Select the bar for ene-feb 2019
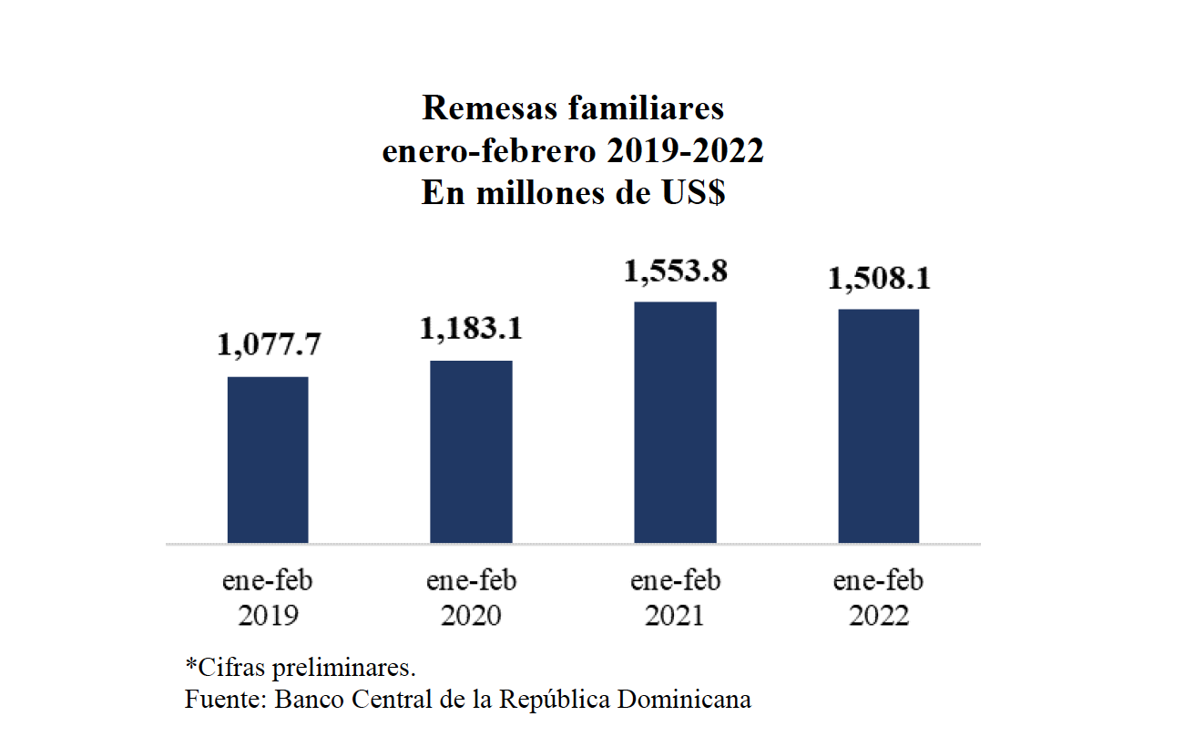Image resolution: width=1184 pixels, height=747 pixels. coord(268,460)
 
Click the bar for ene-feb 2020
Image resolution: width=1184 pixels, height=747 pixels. coord(471,452)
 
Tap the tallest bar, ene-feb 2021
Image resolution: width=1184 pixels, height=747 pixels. coord(675,423)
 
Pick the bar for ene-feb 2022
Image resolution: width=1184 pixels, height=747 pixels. coord(878,426)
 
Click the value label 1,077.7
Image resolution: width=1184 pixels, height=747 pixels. coord(269,345)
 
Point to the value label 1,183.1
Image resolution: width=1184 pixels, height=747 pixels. coord(471,329)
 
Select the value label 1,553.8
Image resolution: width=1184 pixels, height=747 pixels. coord(675,271)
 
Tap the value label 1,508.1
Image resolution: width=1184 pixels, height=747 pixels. coord(878,279)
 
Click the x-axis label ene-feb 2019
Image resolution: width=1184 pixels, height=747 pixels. coord(268,599)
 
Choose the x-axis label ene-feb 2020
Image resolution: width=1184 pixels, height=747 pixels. coord(471,599)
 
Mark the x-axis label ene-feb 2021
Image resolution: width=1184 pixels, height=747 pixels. coord(675,599)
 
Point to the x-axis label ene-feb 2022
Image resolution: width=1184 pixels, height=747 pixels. coord(878,599)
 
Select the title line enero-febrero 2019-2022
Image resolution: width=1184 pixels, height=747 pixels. coord(573,151)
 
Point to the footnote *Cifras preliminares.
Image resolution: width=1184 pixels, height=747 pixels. coord(301,666)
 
